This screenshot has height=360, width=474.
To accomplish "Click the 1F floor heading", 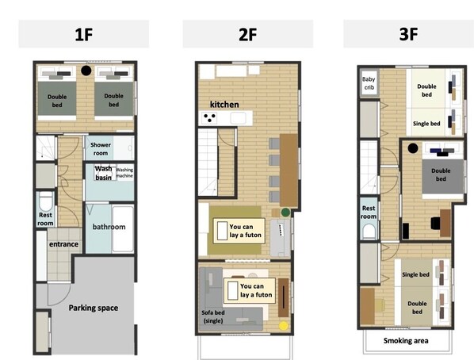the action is pos(84,34).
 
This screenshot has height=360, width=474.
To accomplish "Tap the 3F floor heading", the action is pos(408,34).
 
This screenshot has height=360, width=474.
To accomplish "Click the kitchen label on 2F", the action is pos(224,105).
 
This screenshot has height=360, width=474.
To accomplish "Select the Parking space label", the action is pos(93,308).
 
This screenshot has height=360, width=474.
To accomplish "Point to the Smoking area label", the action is pos(406,341).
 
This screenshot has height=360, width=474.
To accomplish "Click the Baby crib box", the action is pos(369,83).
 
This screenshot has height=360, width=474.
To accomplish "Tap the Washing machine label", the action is pos(124,173).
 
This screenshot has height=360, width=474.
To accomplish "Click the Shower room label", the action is pos(101,149).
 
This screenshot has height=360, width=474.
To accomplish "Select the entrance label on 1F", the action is pos(63,244).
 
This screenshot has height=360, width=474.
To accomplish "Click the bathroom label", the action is pos(109,227).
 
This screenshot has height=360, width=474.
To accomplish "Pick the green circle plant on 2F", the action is pos(285,213).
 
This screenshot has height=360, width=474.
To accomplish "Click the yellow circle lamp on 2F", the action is pos(283,326).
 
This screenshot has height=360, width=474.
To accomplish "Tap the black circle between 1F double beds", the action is pos(86,71).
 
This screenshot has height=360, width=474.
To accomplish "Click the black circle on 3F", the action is pos(413,148).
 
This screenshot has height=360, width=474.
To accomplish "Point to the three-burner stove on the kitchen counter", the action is pos(209,117).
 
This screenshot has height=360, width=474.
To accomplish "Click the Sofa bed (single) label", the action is pos(213,316).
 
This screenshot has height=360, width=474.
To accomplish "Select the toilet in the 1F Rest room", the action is pos(46,201).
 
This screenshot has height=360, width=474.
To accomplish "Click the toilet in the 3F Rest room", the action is pos(369,231).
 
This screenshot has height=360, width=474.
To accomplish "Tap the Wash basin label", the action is pos(103,173).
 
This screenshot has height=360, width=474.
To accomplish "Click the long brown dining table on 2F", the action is pos(289,170).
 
